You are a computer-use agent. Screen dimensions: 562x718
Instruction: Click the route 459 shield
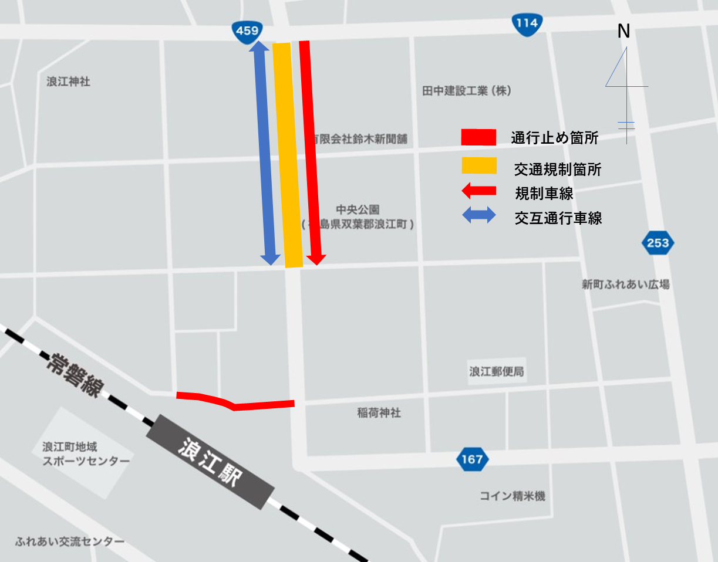247,31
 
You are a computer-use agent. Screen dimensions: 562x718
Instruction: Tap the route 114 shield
527,23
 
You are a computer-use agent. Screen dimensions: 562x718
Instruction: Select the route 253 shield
658,243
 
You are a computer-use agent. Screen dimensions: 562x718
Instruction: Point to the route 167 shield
472,459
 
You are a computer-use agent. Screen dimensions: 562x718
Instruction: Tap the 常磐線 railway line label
76,375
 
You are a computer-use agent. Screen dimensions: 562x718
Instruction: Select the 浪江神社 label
68,82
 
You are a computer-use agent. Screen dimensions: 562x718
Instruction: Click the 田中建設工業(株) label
467,91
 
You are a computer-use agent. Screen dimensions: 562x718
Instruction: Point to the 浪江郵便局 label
496,371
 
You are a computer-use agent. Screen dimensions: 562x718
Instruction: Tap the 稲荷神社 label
379,413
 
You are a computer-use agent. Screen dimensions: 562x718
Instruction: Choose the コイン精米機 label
512,496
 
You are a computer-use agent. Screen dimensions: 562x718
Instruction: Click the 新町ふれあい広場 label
625,285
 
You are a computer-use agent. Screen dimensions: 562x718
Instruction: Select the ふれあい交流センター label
70,541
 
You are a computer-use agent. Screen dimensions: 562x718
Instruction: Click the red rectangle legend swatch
479,137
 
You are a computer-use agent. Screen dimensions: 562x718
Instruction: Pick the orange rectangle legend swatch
479,166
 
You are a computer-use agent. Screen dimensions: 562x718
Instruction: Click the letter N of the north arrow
623,32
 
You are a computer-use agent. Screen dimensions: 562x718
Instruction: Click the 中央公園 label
358,209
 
